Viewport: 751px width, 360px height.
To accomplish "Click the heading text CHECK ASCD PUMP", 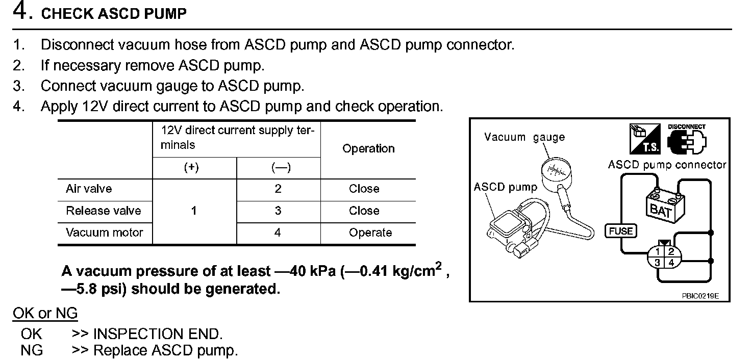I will [x=113, y=14].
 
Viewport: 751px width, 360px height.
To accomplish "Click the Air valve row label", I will [x=89, y=189].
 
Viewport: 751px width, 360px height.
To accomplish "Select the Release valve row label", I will [x=103, y=211].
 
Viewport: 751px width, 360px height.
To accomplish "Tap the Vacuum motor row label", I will [x=104, y=233].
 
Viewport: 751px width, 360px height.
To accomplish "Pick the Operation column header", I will [x=368, y=148].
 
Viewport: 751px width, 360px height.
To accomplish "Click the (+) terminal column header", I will [x=191, y=168].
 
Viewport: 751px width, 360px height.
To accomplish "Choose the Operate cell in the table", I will [x=370, y=233].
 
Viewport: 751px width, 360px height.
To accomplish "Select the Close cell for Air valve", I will [x=364, y=189].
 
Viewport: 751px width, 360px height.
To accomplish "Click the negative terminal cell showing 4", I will [x=278, y=233].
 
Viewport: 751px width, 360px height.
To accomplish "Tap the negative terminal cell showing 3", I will [x=278, y=211].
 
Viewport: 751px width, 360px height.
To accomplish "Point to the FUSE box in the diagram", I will [x=620, y=231].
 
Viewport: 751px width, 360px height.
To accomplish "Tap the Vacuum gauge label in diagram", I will [x=524, y=137].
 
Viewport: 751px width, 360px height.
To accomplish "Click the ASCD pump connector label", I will [x=666, y=165].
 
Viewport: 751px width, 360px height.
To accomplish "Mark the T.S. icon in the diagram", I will [x=645, y=139].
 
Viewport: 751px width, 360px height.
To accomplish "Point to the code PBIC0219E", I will [x=699, y=295].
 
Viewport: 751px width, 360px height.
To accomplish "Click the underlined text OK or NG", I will [x=45, y=313].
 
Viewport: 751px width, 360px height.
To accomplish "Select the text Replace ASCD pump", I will [x=165, y=351].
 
